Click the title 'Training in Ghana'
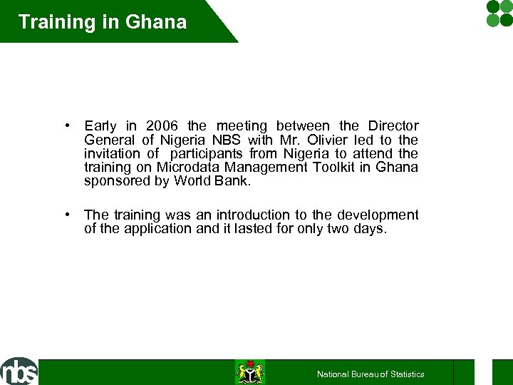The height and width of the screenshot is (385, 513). coord(103,21)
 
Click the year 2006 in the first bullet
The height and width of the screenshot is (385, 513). coord(165,126)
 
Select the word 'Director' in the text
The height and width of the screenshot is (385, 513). coord(393,126)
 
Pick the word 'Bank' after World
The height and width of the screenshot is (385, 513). coord(232,180)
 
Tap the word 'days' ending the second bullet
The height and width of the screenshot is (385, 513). coord(370,228)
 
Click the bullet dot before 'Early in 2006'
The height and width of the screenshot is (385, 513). coord(66,125)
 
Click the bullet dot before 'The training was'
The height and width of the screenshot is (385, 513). coord(66,214)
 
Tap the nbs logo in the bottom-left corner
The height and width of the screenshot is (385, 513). coord(19,371)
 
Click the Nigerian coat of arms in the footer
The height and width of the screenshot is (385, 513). coord(250,372)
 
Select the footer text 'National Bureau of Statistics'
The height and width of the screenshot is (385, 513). coord(370,374)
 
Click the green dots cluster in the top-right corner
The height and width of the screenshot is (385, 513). coord(499,13)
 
